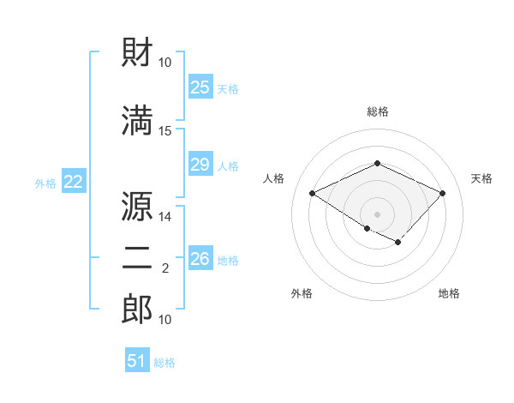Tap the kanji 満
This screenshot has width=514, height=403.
138,120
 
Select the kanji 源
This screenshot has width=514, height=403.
138,208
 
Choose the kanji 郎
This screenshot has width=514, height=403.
138,309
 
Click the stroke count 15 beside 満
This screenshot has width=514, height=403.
165,131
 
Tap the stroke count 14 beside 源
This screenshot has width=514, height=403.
165,218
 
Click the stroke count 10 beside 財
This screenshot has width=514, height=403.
165,63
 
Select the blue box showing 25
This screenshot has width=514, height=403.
200,87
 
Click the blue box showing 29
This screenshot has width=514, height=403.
200,165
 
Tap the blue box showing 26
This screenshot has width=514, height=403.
200,259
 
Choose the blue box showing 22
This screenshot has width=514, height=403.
73,182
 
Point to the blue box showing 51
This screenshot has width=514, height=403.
137,361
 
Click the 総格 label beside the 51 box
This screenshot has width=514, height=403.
164,363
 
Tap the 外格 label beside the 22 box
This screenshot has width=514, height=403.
45,183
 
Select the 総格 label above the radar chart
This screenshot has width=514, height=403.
377,111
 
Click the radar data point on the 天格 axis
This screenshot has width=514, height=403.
442,193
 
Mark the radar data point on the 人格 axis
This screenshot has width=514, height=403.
313,193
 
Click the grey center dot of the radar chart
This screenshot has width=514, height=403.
377,214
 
